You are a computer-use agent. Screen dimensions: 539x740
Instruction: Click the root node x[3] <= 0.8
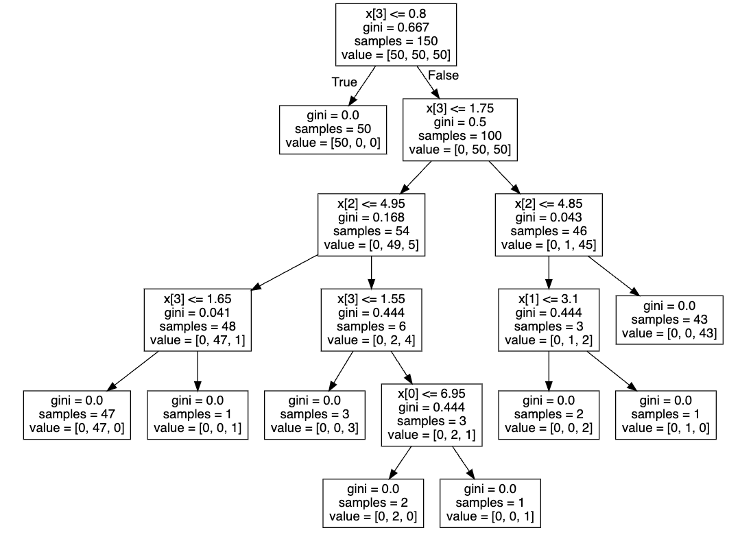[396, 34]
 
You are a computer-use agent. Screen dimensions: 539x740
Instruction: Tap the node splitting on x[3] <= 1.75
[459, 129]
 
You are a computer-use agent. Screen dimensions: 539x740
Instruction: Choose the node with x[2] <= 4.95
[371, 224]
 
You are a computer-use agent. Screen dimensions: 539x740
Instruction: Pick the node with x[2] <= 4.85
[549, 224]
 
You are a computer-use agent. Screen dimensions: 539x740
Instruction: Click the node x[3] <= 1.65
[198, 320]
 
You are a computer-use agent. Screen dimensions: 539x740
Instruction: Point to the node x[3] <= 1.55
[371, 320]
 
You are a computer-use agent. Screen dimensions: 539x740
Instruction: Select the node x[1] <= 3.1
[549, 320]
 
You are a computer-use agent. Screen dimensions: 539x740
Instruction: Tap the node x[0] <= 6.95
[431, 414]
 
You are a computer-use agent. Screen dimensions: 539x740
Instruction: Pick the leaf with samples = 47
[77, 414]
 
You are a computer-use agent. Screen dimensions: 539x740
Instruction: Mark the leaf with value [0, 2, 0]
[373, 503]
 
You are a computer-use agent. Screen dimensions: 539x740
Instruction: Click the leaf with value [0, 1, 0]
[665, 414]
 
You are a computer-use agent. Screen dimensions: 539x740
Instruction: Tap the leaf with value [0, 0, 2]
[549, 414]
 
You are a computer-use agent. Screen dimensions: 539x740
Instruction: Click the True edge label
[344, 82]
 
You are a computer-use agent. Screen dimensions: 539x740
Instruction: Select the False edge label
[443, 75]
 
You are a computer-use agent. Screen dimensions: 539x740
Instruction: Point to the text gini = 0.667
[396, 28]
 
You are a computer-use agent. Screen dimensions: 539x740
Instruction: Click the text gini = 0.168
[371, 218]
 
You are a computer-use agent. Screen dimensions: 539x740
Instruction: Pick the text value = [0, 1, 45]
[549, 244]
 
